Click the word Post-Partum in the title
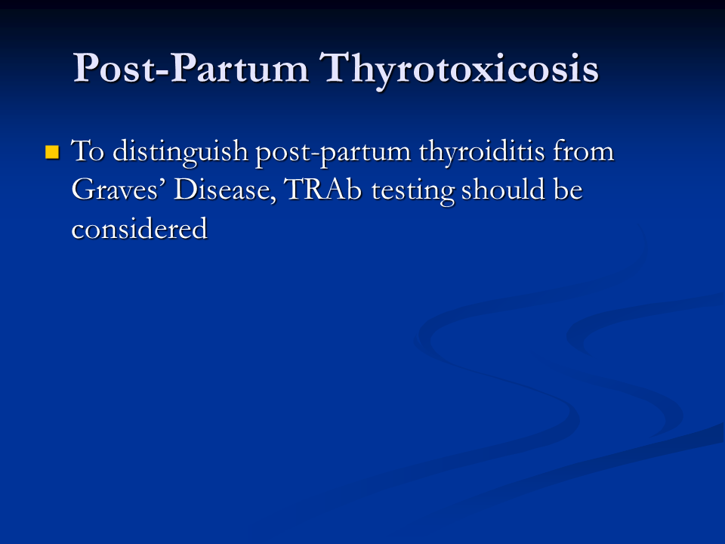190,67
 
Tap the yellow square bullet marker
52,152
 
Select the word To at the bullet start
88,151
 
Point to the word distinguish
180,153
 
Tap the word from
583,151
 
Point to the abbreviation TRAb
322,189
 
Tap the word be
568,189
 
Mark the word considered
140,227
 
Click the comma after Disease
273,199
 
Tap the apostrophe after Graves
162,182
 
